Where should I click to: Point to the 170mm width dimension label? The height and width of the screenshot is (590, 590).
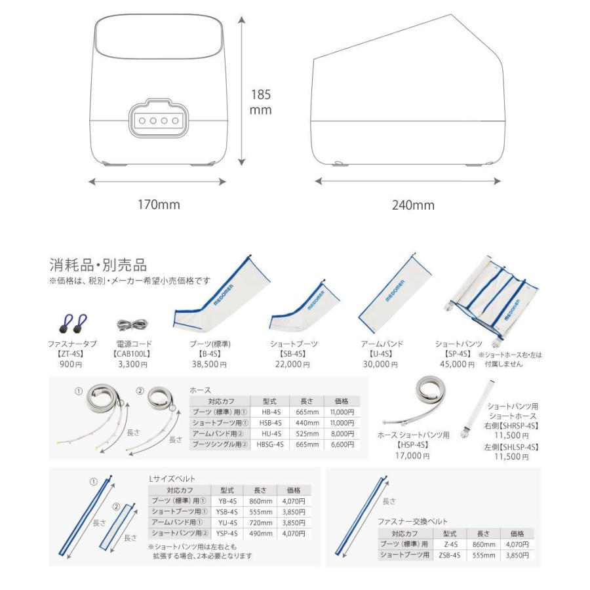pyautogui.click(x=158, y=205)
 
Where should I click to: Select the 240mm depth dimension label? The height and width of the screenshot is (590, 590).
pyautogui.click(x=413, y=205)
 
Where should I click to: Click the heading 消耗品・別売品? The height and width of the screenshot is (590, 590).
pyautogui.click(x=98, y=265)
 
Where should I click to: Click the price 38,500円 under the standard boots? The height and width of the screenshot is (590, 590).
pyautogui.click(x=208, y=363)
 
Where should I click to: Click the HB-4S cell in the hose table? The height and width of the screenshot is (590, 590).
pyautogui.click(x=271, y=412)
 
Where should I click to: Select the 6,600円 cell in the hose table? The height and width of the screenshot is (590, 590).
pyautogui.click(x=342, y=444)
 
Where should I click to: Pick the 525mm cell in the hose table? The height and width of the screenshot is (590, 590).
pyautogui.click(x=306, y=433)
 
